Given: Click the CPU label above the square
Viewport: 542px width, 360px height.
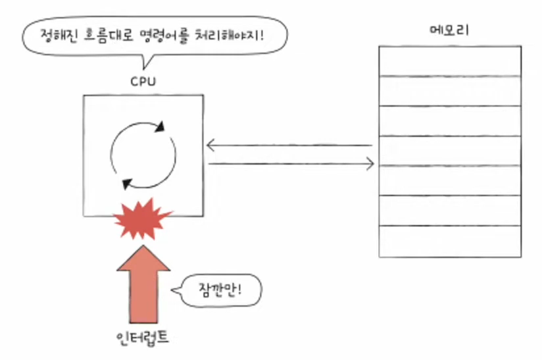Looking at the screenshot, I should tap(142, 82).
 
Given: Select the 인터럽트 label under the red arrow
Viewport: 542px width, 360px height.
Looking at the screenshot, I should tap(141, 339).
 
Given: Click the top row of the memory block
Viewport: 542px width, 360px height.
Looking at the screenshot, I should tap(450, 61).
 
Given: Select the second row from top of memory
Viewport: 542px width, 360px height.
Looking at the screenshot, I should tap(450, 91).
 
